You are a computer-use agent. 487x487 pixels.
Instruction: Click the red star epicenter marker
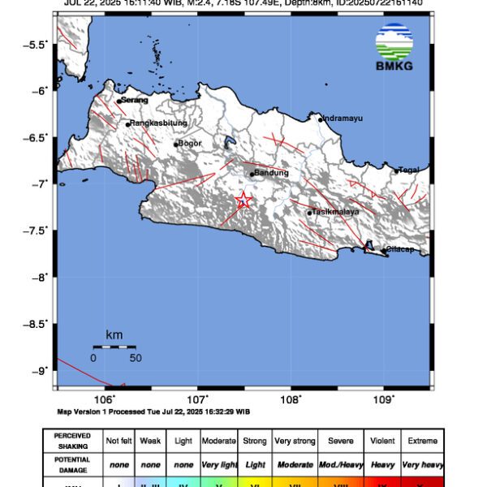[x=243, y=200]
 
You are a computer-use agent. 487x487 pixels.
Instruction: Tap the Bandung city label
[x=271, y=173]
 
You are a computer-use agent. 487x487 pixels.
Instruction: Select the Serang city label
[x=135, y=100]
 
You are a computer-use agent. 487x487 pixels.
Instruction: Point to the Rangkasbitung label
[x=159, y=123]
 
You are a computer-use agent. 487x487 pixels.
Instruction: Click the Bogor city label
[x=189, y=144]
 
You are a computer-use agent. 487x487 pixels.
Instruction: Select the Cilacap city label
[x=399, y=249]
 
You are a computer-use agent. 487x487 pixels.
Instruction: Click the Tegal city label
[x=409, y=170]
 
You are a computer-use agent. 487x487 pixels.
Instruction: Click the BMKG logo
[x=394, y=48]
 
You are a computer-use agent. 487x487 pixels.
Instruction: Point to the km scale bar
[x=114, y=347]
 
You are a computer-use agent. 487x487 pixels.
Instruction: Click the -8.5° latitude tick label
[x=36, y=324]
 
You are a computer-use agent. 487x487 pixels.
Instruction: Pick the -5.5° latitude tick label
[x=36, y=44]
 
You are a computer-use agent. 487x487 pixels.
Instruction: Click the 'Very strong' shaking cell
[x=294, y=441]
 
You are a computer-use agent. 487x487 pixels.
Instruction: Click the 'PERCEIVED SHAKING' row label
[x=72, y=441]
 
